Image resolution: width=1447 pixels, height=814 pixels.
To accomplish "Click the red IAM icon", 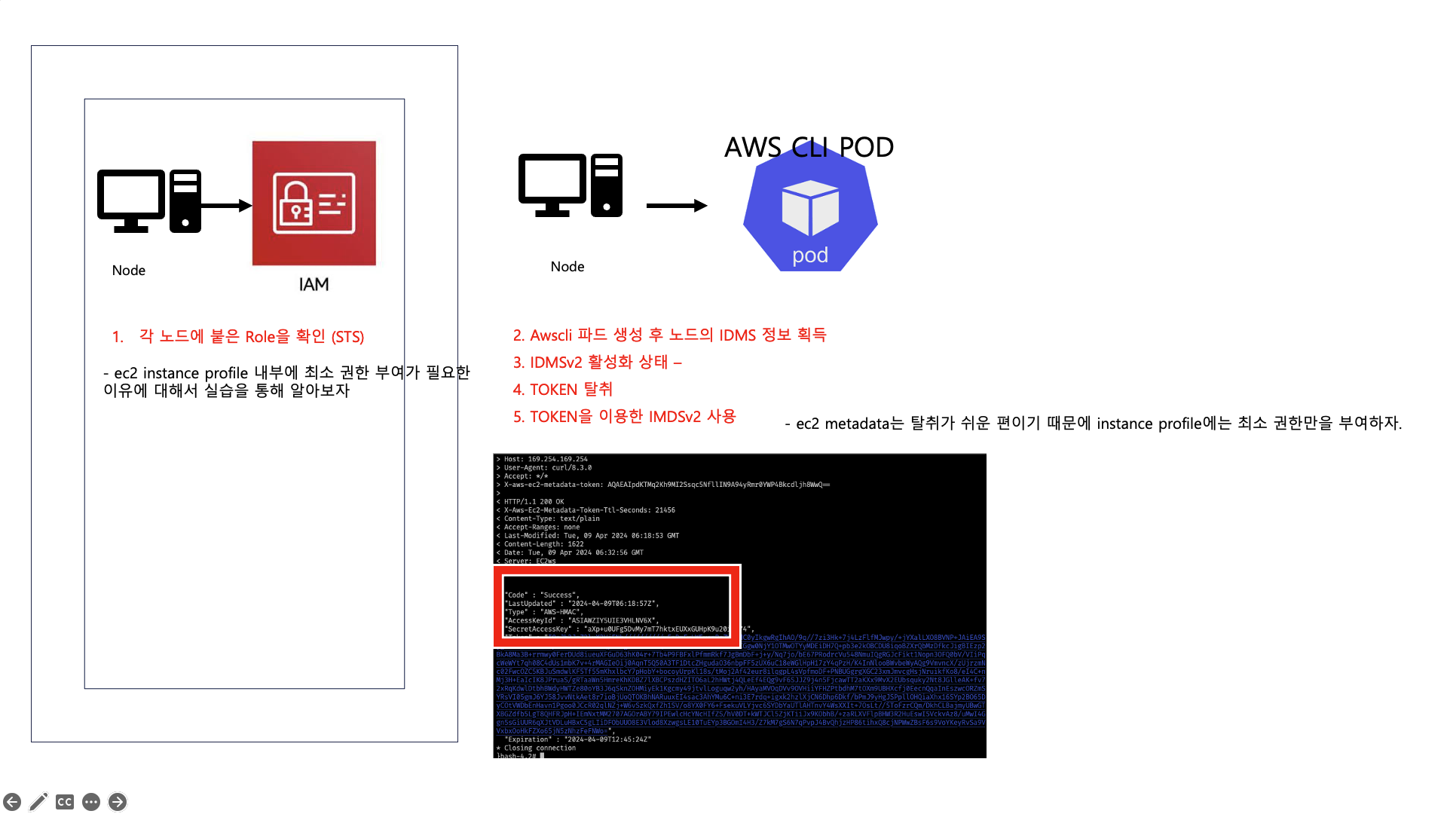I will click(314, 203).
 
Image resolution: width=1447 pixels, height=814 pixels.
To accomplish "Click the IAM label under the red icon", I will click(314, 284).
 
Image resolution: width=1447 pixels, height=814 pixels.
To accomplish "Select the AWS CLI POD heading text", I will click(809, 147).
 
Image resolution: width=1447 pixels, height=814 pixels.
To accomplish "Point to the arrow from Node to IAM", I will click(226, 205).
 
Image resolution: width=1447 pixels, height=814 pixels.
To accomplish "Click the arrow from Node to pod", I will click(676, 205).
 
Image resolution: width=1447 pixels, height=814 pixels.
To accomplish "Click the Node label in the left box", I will click(129, 271).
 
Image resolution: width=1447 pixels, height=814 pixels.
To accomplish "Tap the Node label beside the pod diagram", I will click(567, 267).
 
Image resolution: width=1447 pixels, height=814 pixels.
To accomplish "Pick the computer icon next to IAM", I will click(149, 201).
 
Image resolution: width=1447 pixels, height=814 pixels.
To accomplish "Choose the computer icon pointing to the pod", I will click(571, 185).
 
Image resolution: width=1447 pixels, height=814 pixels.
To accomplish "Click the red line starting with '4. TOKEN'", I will click(563, 390).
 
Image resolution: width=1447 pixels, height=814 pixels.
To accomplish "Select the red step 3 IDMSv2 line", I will click(597, 363).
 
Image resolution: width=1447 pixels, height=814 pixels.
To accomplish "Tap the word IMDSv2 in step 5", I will click(675, 417).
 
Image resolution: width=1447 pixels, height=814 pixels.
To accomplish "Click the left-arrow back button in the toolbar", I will click(12, 802).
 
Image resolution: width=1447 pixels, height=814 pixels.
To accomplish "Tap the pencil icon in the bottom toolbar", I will click(38, 802).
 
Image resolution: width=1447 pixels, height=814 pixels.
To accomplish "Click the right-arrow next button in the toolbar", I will click(118, 802).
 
